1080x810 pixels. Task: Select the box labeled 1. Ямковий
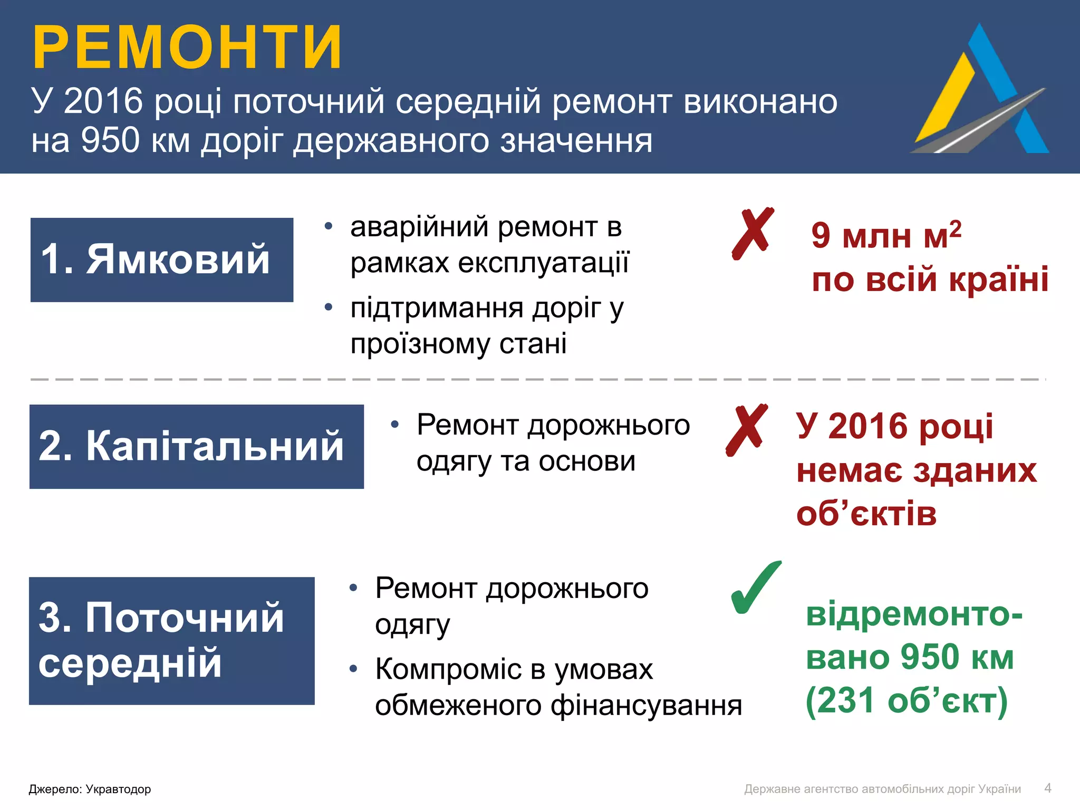coord(161,259)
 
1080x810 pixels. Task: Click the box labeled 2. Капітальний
coord(196,446)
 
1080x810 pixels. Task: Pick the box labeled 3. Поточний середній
coord(171,640)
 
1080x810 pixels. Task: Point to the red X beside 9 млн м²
coord(753,233)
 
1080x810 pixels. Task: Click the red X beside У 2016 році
coord(747,430)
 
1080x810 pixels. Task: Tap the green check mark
coord(755,588)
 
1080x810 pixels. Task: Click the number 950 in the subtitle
coord(110,141)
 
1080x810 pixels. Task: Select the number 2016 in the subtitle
coord(103,101)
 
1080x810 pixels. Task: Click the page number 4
coord(1047,788)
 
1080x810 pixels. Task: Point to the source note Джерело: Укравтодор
coord(90,789)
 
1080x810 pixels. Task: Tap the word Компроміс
coord(448,669)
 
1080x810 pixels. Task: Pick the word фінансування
coord(646,705)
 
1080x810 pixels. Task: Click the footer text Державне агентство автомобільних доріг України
coord(882,789)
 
